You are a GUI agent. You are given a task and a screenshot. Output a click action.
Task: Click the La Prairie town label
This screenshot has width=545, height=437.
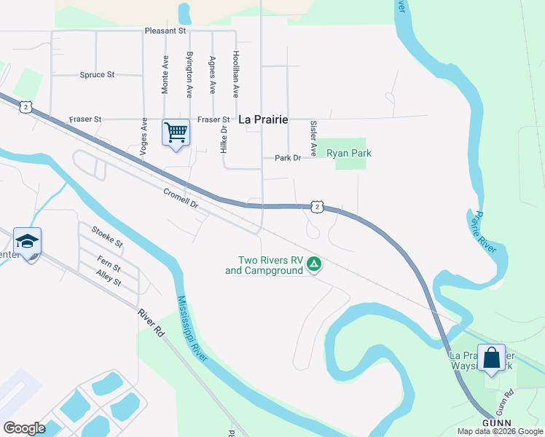coord(264,119)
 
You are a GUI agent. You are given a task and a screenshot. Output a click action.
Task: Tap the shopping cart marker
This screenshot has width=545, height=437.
coord(176,133)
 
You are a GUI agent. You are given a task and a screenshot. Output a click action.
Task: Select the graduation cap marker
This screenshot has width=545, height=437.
coord(27,241)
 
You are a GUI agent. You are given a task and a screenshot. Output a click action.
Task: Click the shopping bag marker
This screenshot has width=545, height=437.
coord(491,358)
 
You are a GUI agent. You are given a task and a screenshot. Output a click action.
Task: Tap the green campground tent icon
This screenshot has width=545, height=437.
coord(314,264)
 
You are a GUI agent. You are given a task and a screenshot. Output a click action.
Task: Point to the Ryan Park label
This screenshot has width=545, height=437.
coord(349,153)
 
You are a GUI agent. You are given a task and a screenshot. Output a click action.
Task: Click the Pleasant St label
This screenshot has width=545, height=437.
coord(165,31)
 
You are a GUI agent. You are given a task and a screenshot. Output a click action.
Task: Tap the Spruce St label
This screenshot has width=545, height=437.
coord(98,74)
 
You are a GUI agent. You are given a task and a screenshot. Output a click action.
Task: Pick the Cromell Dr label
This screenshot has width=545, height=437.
coord(181,198)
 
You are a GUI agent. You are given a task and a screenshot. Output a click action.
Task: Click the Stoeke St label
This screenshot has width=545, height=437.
coord(107,236)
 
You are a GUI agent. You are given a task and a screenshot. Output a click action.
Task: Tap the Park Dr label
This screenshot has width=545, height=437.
coord(288,157)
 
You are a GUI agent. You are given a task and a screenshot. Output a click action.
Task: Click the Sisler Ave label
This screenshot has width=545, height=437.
coord(313,138)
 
